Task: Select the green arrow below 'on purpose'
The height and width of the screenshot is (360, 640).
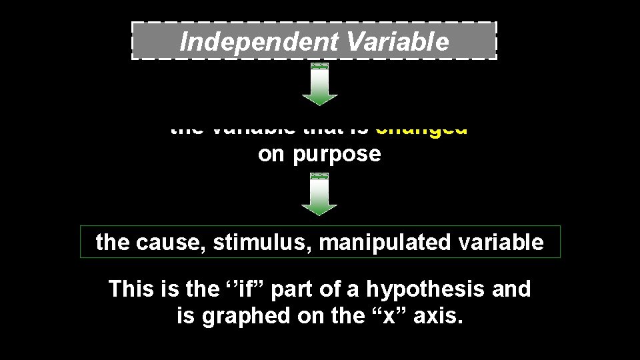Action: tap(320, 195)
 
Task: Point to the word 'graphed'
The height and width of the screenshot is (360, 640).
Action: tap(239, 317)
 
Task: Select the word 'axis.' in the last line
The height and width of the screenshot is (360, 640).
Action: tap(437, 317)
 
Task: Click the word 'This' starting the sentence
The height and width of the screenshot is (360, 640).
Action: tap(129, 289)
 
